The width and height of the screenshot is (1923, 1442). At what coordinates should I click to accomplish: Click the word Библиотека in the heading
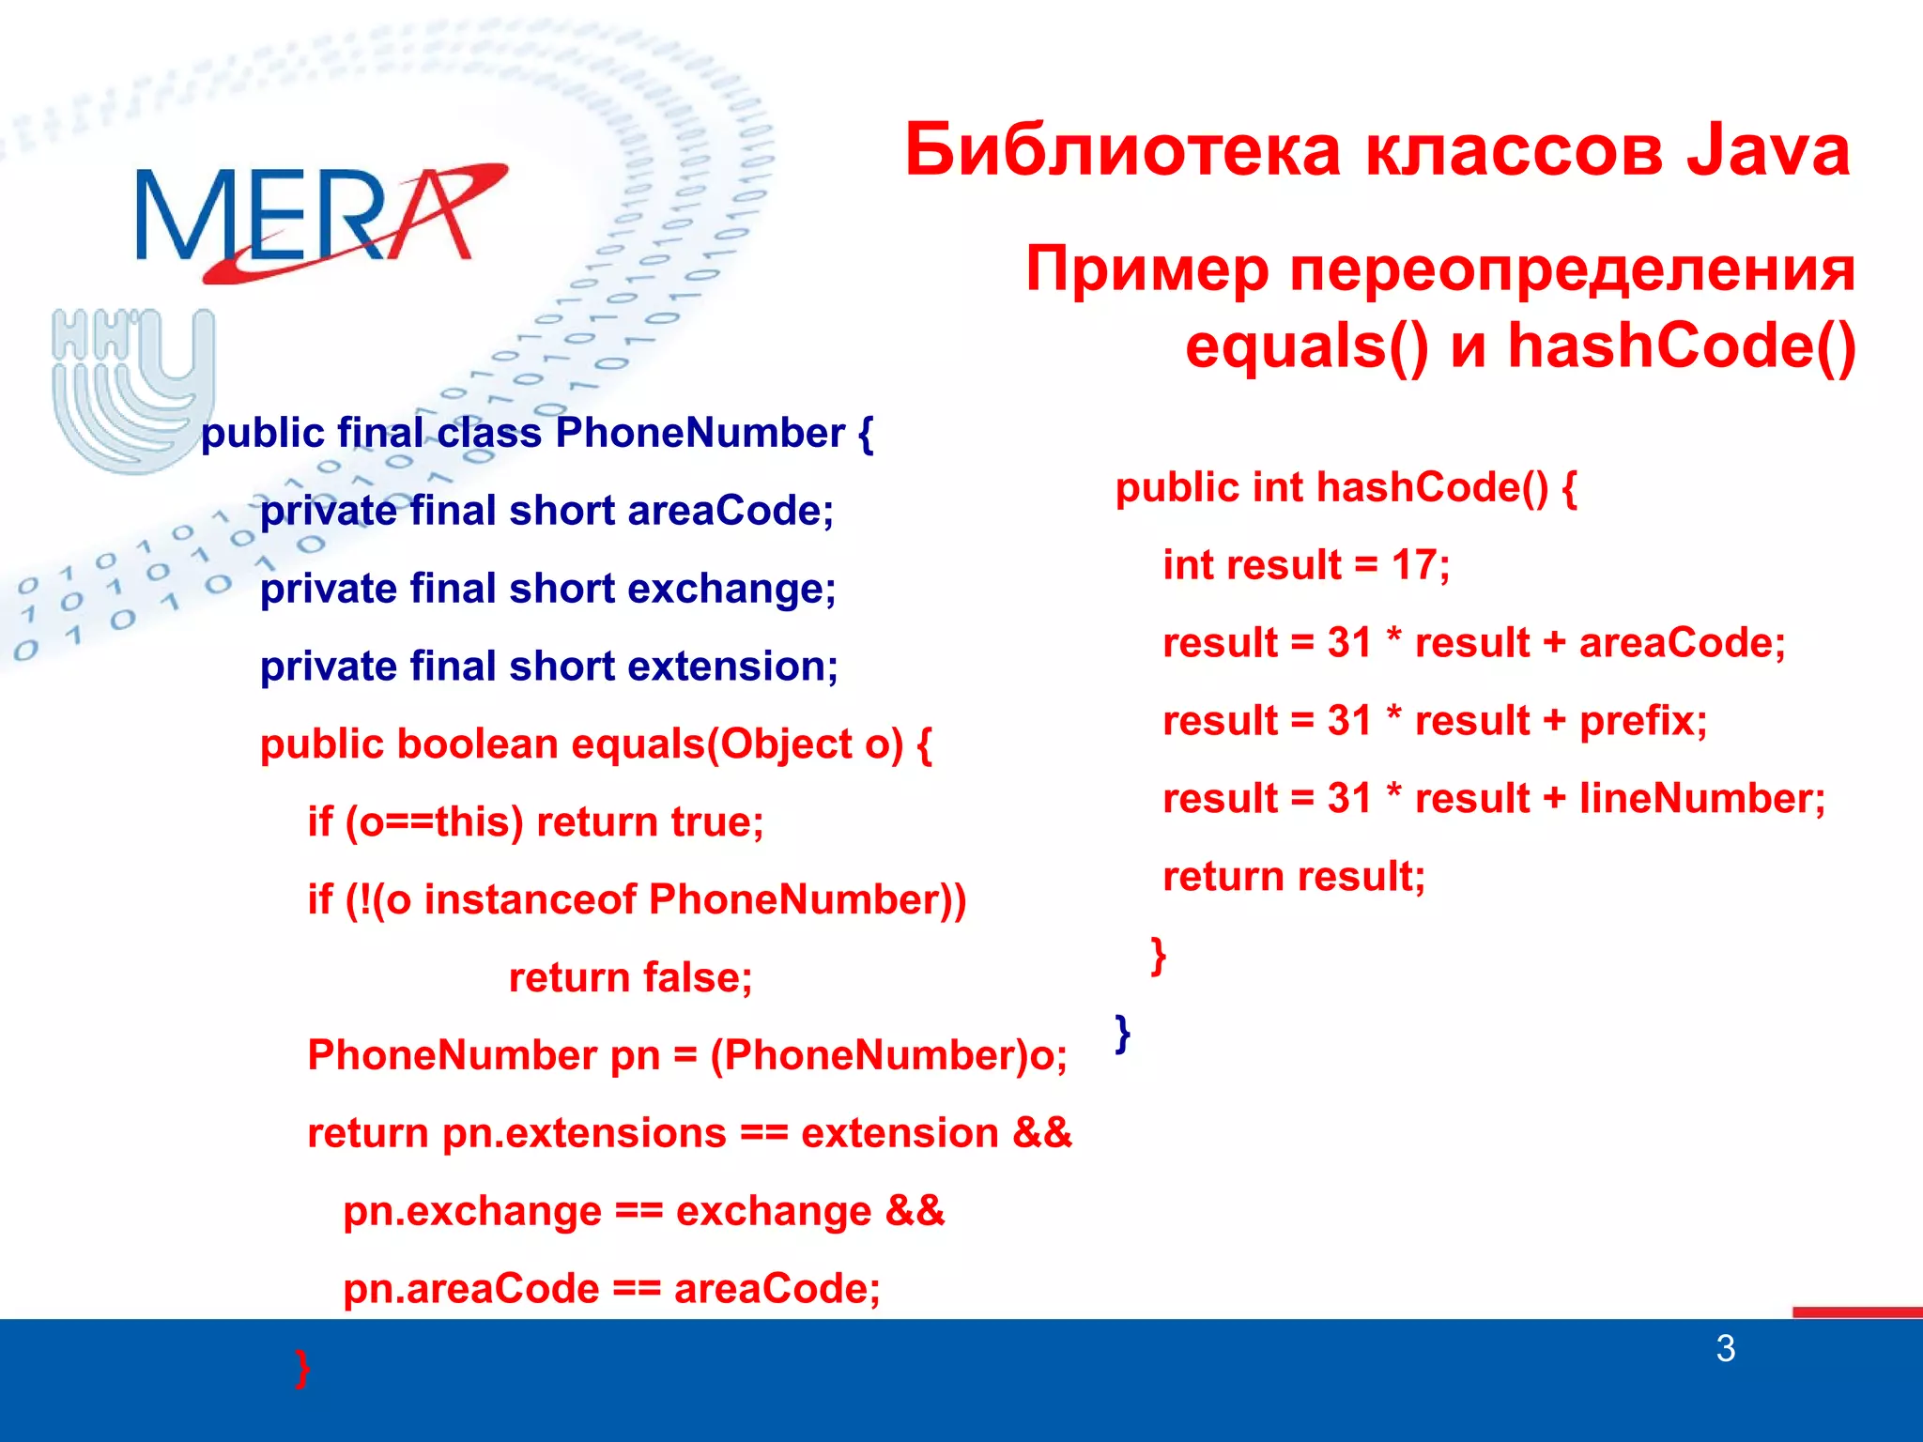pos(1122,150)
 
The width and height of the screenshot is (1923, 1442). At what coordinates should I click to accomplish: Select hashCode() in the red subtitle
pos(1681,345)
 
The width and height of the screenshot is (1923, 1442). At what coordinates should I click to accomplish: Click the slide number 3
pos(1725,1349)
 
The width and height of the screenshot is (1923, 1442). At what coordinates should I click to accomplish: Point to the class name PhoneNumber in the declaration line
pos(700,434)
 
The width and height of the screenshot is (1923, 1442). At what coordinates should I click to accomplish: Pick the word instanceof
pos(531,900)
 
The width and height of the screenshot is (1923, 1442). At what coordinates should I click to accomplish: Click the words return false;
pos(630,978)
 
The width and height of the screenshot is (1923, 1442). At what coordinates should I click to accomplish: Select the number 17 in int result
pos(1413,565)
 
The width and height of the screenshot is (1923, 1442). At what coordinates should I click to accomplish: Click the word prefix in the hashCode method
pos(1641,721)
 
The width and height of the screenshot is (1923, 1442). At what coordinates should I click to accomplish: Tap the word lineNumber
pos(1700,799)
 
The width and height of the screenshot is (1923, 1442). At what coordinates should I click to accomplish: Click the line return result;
pos(1293,877)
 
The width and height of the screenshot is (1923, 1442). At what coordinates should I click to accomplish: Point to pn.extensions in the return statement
pos(584,1134)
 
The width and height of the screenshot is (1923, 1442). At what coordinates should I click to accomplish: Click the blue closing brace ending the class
pos(1122,1033)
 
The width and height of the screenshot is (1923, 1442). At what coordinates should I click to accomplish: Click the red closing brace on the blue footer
pos(301,1368)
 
